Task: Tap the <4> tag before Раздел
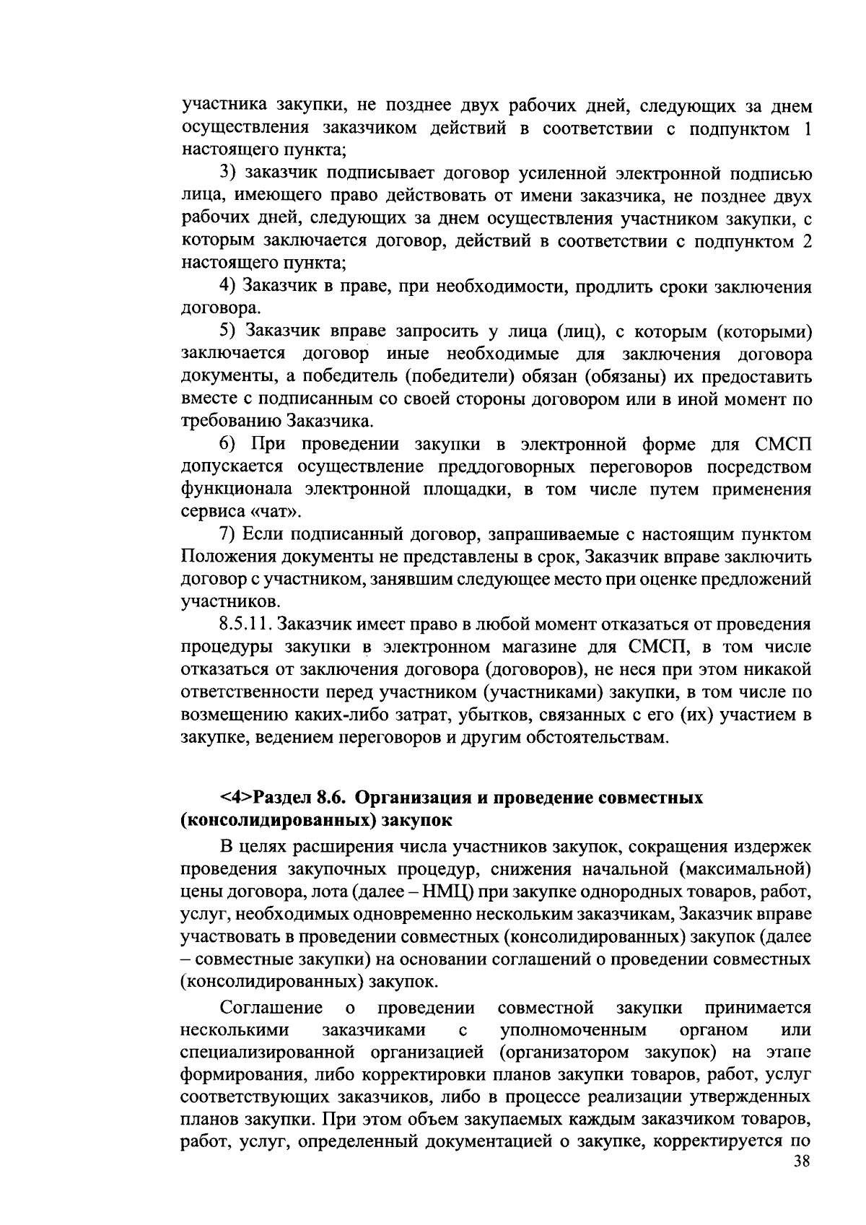(x=237, y=798)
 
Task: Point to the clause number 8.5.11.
(x=246, y=624)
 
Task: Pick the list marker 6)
(x=231, y=444)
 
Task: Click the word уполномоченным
(x=573, y=1029)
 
